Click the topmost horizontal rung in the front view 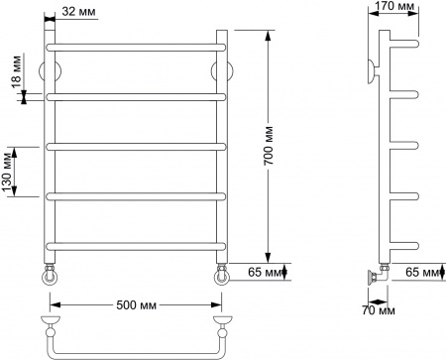136,47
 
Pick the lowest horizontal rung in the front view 136,245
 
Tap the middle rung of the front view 136,146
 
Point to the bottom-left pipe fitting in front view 51,273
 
